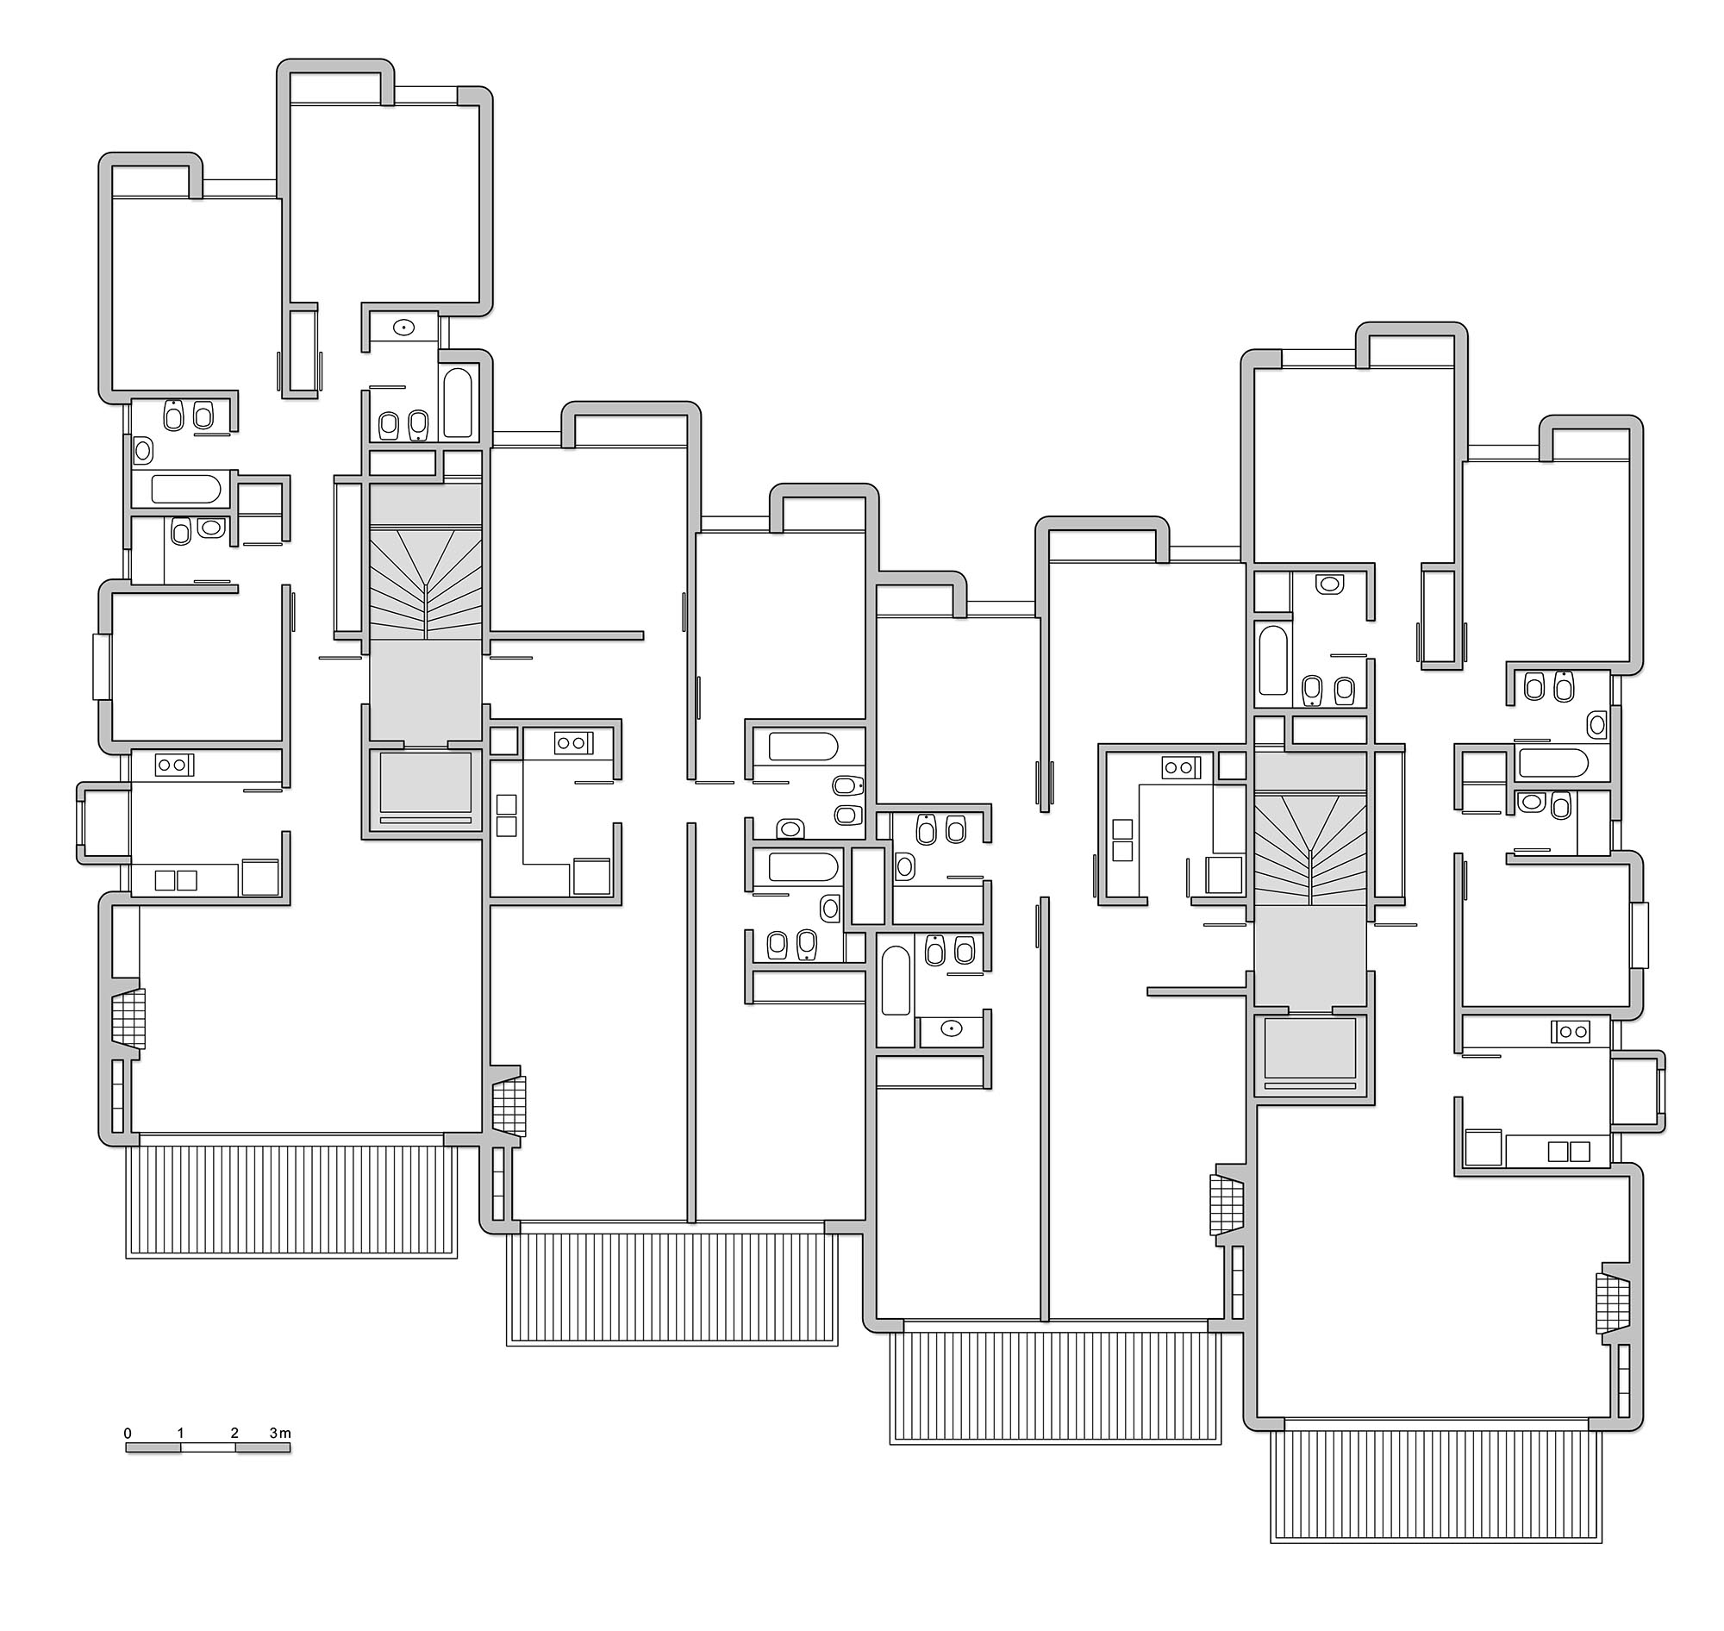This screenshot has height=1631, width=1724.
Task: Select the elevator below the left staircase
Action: tap(425, 789)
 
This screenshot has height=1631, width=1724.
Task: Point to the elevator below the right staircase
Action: tap(1310, 1054)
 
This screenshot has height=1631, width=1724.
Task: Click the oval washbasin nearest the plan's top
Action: tap(403, 328)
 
